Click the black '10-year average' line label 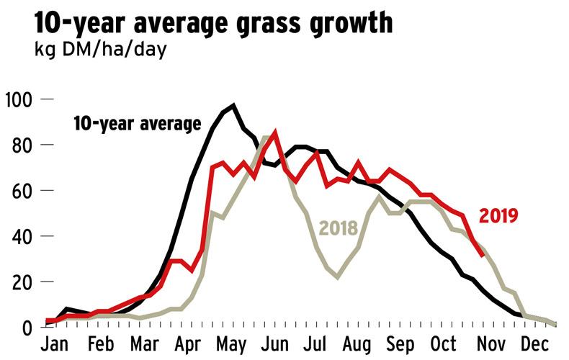click(137, 124)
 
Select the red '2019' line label click(499, 215)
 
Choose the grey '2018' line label click(338, 229)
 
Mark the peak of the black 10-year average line click(233, 106)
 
